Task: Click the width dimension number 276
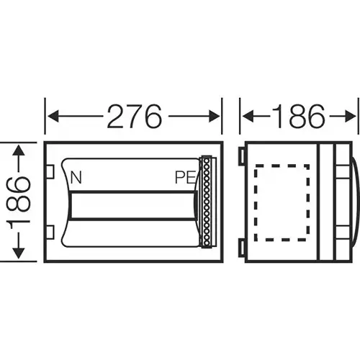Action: pos(133,115)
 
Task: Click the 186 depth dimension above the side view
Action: pos(298,115)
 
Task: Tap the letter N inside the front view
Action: pos(76,176)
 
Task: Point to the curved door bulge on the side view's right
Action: pos(351,202)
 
